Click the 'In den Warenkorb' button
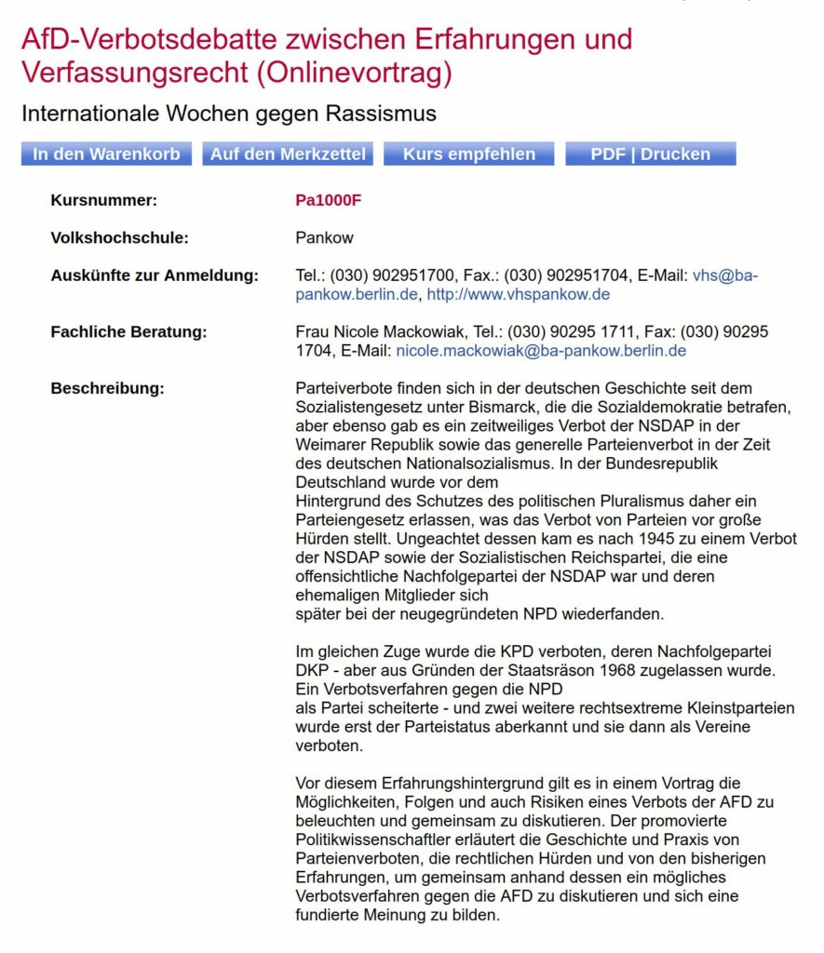pyautogui.click(x=106, y=154)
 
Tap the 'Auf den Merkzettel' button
pyautogui.click(x=288, y=154)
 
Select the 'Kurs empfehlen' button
pyautogui.click(x=468, y=154)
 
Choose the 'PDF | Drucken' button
pyautogui.click(x=650, y=154)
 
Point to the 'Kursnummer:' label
pyautogui.click(x=104, y=200)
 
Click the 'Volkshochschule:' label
pyautogui.click(x=119, y=237)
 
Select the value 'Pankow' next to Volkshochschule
pyautogui.click(x=324, y=237)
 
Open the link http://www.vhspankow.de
pyautogui.click(x=519, y=294)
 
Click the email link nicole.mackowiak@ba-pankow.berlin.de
pyautogui.click(x=541, y=351)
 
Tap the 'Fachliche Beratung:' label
pyautogui.click(x=128, y=332)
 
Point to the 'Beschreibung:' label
pyautogui.click(x=107, y=388)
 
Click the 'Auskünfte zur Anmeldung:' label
pyautogui.click(x=154, y=275)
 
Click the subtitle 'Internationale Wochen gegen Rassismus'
pyautogui.click(x=229, y=114)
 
